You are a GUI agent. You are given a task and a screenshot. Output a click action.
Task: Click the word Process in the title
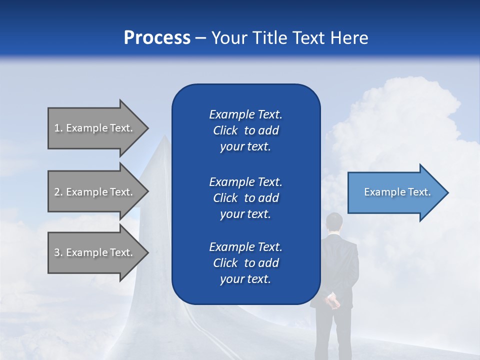(157, 38)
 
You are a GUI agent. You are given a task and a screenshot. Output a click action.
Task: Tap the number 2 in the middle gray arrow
(57, 192)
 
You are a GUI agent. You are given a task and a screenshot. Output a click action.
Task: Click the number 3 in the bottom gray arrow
(57, 252)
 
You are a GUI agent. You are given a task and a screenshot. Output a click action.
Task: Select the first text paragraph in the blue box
(245, 130)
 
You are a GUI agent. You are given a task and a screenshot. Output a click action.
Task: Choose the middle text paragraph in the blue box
(245, 198)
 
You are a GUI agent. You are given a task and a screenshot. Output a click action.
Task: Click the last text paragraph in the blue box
(245, 263)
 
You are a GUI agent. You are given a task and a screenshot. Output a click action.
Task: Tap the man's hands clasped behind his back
(331, 301)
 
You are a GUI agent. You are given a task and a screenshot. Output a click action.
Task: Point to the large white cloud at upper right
(410, 115)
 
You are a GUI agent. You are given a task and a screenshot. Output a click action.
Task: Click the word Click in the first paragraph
(225, 130)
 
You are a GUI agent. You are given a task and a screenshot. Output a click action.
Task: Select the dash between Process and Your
(201, 38)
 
